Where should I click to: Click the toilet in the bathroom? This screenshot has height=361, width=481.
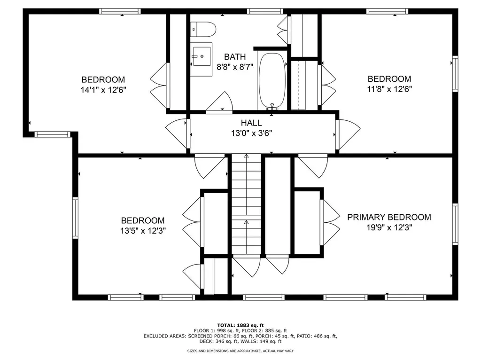click(x=203, y=29)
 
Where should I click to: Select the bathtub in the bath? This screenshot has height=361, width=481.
click(x=272, y=81)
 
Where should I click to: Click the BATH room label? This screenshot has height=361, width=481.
click(x=234, y=57)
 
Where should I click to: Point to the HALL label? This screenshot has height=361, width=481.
click(x=251, y=123)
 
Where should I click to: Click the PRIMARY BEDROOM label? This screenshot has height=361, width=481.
click(x=389, y=217)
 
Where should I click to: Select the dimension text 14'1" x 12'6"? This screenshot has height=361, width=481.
click(x=103, y=89)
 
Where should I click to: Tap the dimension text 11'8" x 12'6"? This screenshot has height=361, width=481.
click(x=389, y=89)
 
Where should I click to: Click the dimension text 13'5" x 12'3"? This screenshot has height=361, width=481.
click(x=143, y=230)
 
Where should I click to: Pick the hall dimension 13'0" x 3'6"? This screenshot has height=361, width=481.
click(x=251, y=133)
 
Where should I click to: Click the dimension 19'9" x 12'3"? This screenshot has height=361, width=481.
click(x=389, y=227)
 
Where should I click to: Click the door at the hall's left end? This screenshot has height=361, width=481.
click(x=178, y=134)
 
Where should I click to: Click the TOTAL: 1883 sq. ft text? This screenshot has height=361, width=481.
click(x=240, y=325)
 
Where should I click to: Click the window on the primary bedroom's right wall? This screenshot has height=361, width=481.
click(x=455, y=224)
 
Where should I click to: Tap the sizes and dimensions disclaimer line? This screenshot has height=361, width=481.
click(x=240, y=351)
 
